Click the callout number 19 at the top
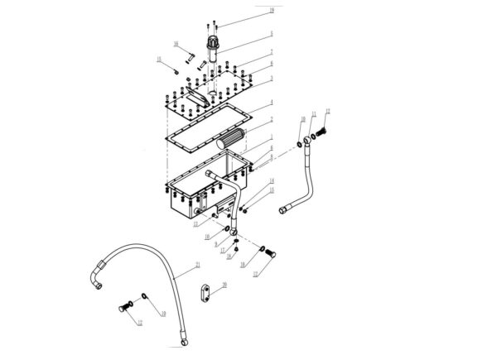(271, 9)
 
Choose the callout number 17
(255, 273)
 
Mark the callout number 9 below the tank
(216, 245)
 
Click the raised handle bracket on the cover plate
(191, 98)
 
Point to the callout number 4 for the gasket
(271, 105)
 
